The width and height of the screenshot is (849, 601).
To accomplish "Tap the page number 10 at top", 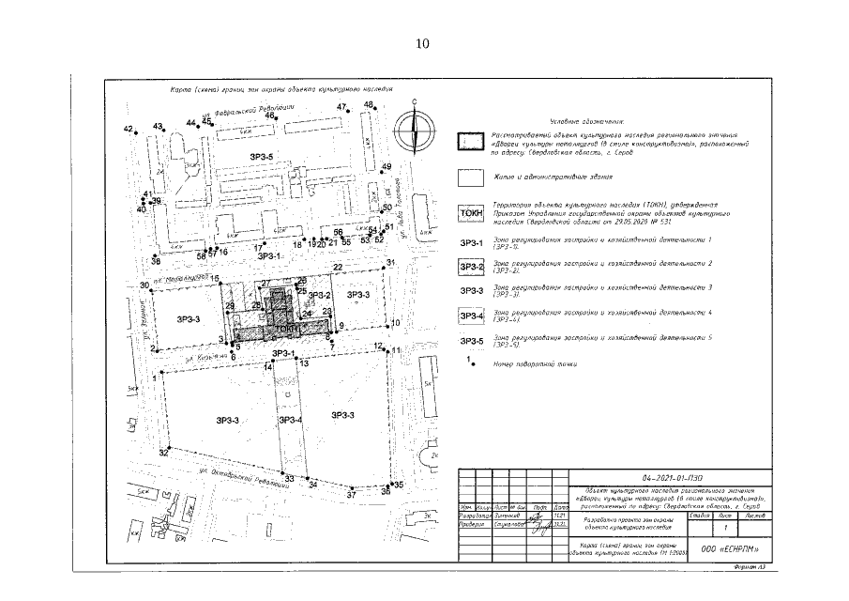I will pos(422,43).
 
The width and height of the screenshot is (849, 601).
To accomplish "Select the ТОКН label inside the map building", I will pos(288,331).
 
